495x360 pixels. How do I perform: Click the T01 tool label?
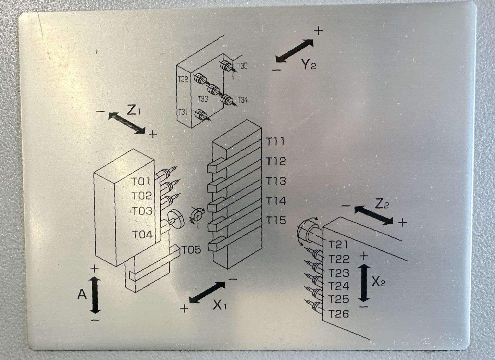(x=141, y=181)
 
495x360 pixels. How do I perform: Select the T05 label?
(x=191, y=250)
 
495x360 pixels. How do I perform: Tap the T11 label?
(x=275, y=141)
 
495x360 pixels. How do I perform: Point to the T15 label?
(x=276, y=220)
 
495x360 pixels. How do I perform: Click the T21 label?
(x=338, y=245)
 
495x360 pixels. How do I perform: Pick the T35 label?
(x=242, y=66)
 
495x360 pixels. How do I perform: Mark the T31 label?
(x=183, y=112)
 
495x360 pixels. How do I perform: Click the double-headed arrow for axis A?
(x=95, y=295)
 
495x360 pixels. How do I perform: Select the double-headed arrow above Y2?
(x=295, y=51)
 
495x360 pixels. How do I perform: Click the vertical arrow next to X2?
(x=364, y=283)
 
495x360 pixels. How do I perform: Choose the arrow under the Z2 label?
(x=374, y=215)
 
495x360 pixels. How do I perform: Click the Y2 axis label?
(x=309, y=64)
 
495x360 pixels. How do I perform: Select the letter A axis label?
(x=82, y=294)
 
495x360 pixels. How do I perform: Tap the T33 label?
(x=203, y=99)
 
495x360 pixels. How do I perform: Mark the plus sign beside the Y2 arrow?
(x=318, y=31)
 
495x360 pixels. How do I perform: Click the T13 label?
(x=276, y=181)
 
